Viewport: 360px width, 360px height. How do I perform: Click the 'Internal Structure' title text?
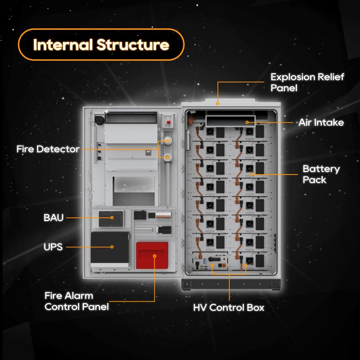101,45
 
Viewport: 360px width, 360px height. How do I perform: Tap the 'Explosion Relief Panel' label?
307,82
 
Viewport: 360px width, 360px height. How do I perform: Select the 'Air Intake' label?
321,122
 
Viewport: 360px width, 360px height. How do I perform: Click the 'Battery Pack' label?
321,174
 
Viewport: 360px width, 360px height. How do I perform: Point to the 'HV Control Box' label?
229,308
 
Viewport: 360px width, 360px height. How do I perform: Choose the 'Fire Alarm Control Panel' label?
76,301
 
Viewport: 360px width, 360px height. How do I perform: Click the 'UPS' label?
53,247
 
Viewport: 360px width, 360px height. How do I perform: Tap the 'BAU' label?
53,218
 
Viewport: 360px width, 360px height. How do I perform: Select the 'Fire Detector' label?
48,149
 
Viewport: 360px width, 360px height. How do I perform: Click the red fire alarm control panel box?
152,255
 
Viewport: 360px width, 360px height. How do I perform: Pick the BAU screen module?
111,218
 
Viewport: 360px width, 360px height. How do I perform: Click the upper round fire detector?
167,140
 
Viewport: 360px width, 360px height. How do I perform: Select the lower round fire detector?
167,157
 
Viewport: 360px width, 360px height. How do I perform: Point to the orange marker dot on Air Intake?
247,122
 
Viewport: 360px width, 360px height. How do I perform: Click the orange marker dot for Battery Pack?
252,174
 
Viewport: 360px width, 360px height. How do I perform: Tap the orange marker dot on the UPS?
112,247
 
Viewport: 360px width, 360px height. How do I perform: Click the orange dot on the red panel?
155,256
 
